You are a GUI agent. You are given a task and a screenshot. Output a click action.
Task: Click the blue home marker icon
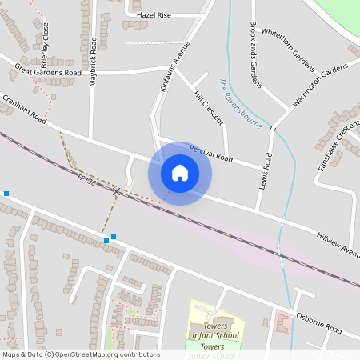pos(180,173)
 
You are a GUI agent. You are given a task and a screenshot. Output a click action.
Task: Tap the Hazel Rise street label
pos(154,14)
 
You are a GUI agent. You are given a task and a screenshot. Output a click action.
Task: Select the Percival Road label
pos(211,153)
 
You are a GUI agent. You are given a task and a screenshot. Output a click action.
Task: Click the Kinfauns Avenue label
pos(175,66)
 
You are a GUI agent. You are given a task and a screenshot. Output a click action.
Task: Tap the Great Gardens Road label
pos(48,70)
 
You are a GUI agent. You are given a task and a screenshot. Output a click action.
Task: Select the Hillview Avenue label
pos(338,244)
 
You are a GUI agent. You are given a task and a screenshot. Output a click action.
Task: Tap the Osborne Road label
pos(318,325)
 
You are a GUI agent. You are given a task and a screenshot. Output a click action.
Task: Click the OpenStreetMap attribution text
pos(80,354)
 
